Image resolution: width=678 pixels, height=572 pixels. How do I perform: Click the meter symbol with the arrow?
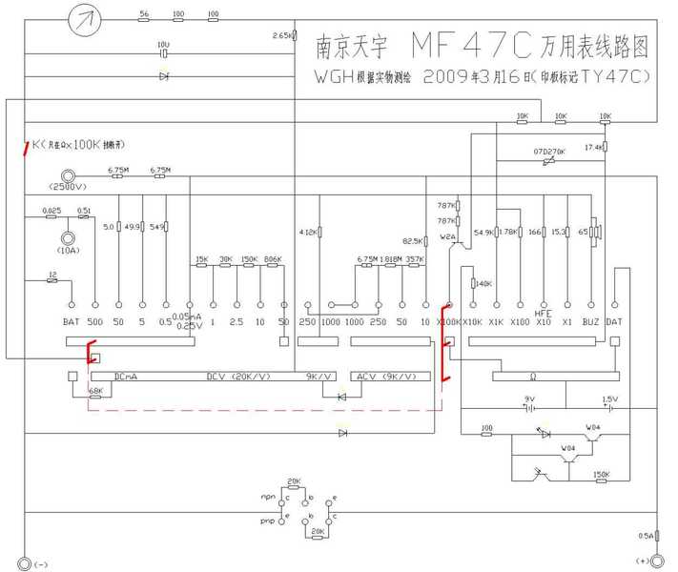pyautogui.click(x=87, y=16)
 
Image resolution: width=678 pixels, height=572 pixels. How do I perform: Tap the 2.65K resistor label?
pyautogui.click(x=282, y=35)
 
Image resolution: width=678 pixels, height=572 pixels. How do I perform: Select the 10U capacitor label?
pyautogui.click(x=163, y=45)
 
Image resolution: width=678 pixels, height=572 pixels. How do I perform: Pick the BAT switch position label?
pyautogui.click(x=71, y=321)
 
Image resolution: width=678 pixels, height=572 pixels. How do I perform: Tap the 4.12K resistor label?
pyautogui.click(x=308, y=232)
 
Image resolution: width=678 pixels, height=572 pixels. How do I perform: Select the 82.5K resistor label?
pyautogui.click(x=413, y=241)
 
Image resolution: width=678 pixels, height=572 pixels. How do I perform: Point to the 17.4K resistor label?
pyautogui.click(x=592, y=147)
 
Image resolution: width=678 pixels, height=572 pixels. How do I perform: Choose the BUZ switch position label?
pyautogui.click(x=591, y=321)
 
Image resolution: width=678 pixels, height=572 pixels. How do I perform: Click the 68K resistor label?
pyautogui.click(x=95, y=391)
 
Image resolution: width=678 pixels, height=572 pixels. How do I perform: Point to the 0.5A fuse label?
pyautogui.click(x=647, y=535)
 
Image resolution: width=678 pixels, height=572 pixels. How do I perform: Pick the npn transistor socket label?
pyautogui.click(x=267, y=497)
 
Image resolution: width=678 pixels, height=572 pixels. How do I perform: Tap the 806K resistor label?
pyautogui.click(x=273, y=259)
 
